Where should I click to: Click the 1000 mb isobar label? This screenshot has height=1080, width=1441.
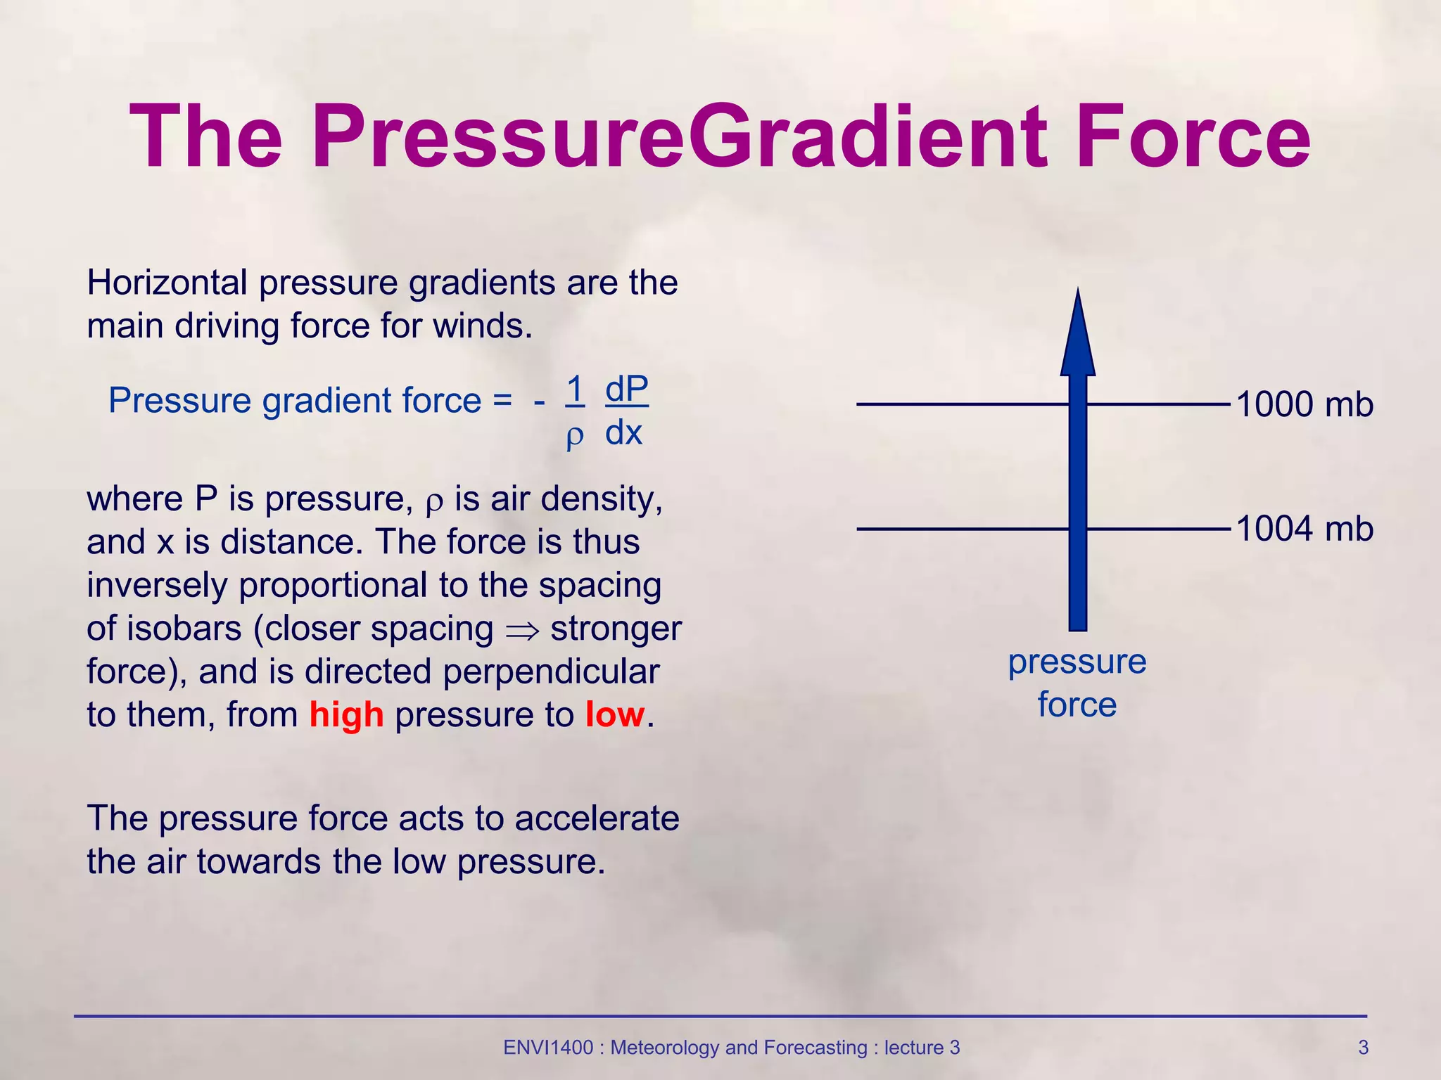tap(1304, 405)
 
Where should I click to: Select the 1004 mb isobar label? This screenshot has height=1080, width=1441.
tap(1304, 529)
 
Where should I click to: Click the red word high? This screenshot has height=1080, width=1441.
tap(346, 715)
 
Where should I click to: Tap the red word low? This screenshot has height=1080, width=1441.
tap(614, 715)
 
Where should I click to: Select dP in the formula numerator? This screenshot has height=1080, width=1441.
tap(626, 388)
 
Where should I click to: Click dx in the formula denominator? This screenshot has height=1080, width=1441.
tap(623, 432)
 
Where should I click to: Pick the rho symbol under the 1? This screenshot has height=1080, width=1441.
tap(575, 436)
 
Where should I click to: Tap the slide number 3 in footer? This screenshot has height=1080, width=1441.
tap(1363, 1048)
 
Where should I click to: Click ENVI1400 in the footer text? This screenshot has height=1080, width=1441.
tap(548, 1048)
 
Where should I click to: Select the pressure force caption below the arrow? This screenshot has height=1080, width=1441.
tap(1077, 683)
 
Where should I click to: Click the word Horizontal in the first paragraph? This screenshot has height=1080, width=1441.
tap(167, 283)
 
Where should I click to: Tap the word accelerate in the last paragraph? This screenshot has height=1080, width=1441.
tap(597, 818)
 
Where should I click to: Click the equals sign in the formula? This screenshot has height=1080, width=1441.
tap(502, 401)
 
